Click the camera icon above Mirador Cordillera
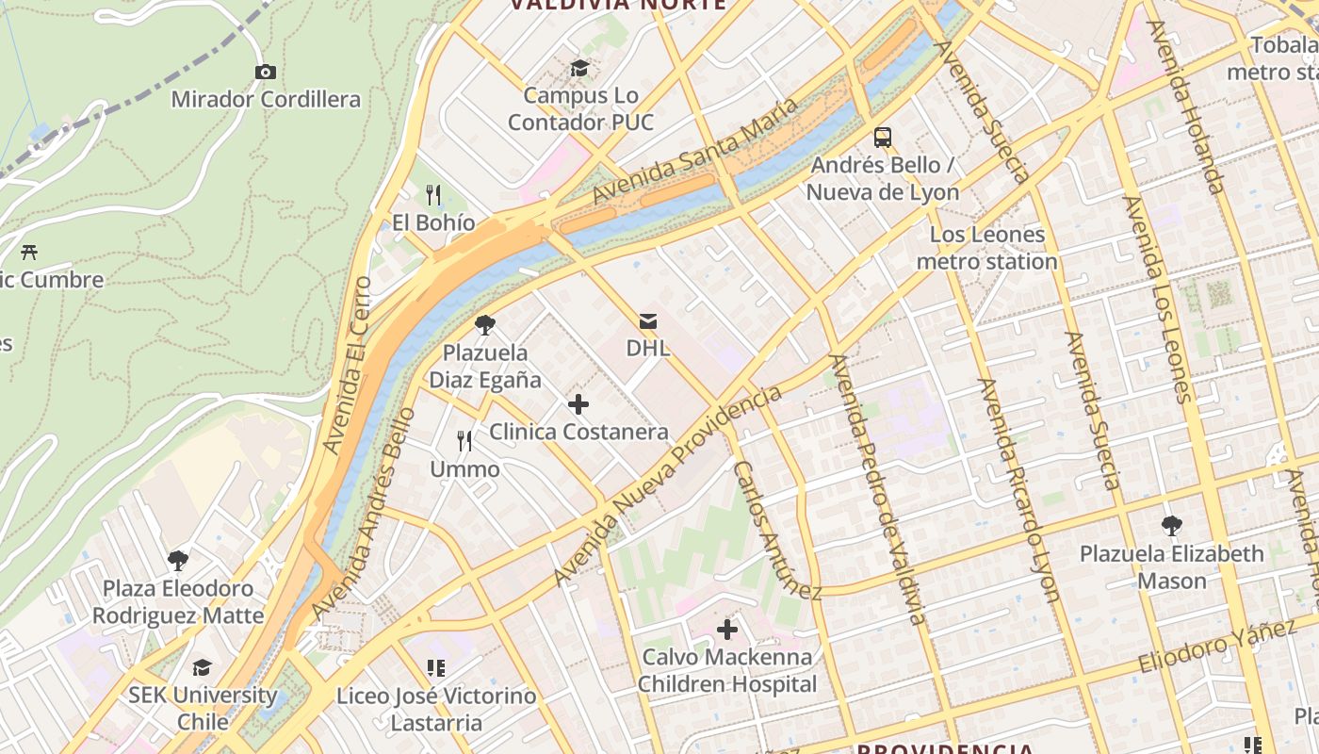coord(266,72)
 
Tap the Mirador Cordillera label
coord(266,99)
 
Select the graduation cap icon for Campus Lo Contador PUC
coord(579,68)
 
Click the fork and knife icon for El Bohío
coord(433,195)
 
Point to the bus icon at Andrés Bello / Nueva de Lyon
coord(883,138)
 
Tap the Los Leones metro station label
coord(987,248)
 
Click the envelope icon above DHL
coord(648,321)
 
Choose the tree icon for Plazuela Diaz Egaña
coord(485,326)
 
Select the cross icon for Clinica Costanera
coord(578,405)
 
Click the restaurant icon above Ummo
coord(464,441)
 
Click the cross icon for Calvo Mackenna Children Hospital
coord(727,629)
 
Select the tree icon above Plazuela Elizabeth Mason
coord(1172,526)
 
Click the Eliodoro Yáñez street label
coord(1216,647)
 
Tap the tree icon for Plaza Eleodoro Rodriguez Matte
coord(178,561)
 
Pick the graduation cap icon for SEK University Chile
coord(203,668)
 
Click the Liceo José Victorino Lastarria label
coord(436,710)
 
